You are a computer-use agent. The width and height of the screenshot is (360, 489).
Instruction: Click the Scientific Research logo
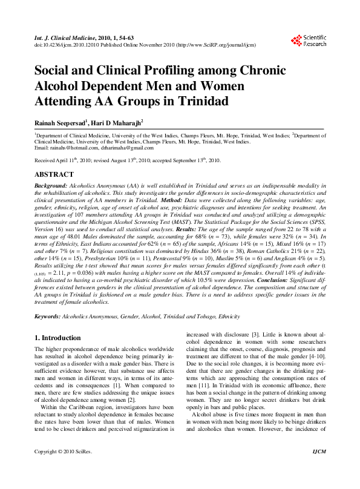[x=309, y=41]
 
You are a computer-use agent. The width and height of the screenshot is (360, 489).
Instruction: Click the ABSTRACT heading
[x=54, y=173]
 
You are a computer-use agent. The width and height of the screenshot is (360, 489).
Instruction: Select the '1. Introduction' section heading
[x=57, y=338]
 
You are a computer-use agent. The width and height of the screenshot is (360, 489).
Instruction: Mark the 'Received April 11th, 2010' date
[x=65, y=161]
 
